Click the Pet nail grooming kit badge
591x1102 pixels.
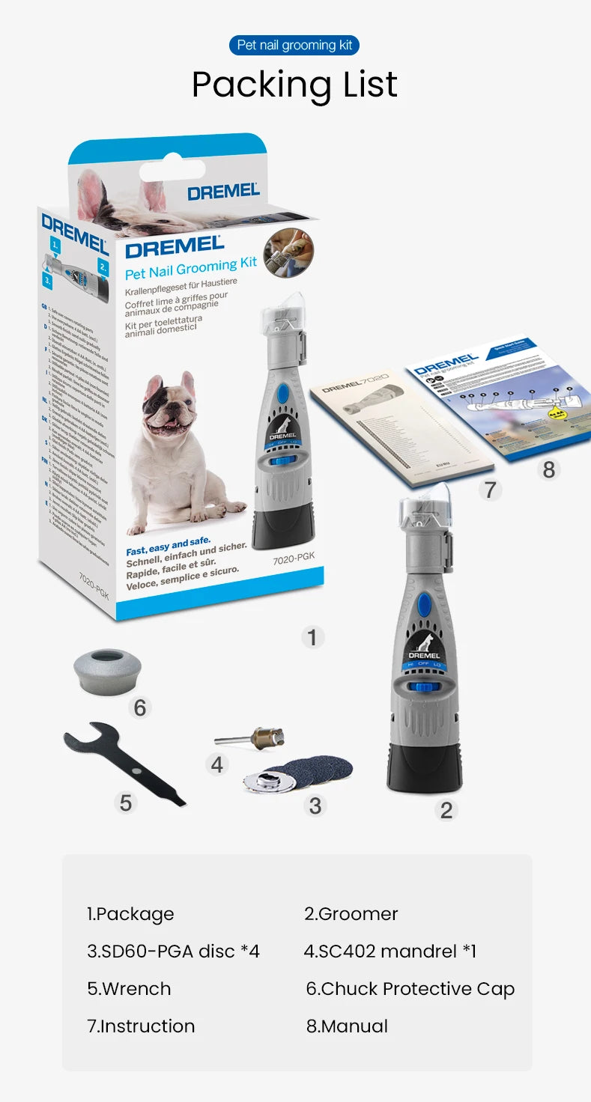(x=294, y=45)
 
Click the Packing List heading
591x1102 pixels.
(x=294, y=85)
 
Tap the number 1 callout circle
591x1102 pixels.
(x=312, y=637)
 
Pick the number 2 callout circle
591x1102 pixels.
(x=446, y=810)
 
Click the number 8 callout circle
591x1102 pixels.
(x=549, y=469)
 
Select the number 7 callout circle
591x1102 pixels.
(x=490, y=490)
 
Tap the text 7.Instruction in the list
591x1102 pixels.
(x=141, y=1026)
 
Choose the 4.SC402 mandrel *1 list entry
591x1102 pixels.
(x=390, y=951)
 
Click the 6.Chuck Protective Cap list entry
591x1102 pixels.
(x=410, y=988)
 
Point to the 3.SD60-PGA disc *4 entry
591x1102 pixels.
(x=173, y=951)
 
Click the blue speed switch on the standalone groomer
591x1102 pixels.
(x=425, y=687)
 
